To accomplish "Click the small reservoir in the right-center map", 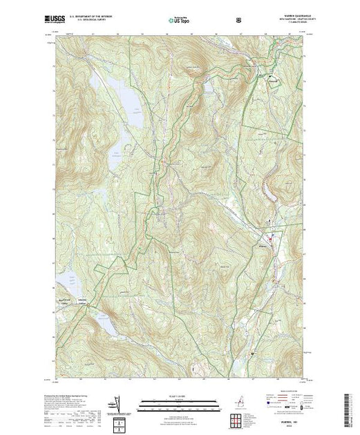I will [267, 222].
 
